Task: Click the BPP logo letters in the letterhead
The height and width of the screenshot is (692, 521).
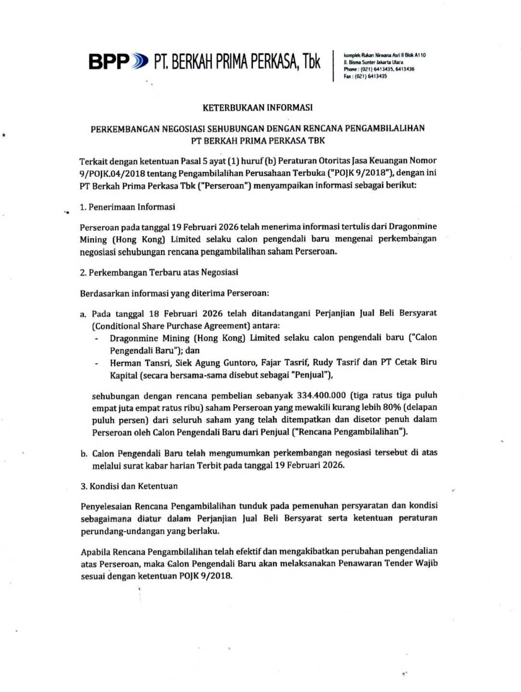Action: point(109,62)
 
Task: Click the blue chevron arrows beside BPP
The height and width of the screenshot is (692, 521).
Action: point(140,62)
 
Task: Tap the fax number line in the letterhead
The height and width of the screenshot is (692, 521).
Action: point(365,76)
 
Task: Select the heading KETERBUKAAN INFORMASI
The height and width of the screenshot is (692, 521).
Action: point(258,108)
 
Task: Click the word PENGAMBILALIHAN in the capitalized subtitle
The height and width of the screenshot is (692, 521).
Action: point(385,128)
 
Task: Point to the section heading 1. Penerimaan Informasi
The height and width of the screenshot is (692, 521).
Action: point(127,207)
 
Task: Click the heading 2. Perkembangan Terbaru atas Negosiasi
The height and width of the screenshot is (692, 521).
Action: point(159,273)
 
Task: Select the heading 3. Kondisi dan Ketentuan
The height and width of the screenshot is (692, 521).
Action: point(129,486)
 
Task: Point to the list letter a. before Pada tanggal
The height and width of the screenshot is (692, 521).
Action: point(83,314)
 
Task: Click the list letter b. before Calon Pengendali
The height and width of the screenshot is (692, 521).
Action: point(84,454)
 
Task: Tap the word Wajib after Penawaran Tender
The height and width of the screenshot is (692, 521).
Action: point(426,563)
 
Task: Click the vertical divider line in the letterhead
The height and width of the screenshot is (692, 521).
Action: point(333,66)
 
